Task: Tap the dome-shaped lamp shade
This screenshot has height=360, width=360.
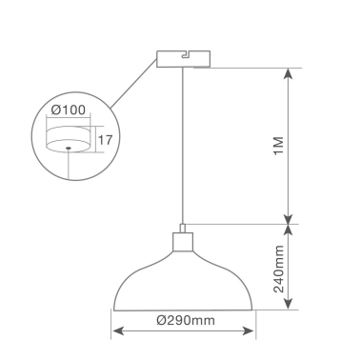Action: click(x=184, y=281)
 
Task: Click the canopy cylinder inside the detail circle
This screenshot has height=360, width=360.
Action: click(x=69, y=138)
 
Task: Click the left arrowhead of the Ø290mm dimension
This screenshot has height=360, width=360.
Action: click(x=116, y=332)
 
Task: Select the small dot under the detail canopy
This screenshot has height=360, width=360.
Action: click(x=69, y=150)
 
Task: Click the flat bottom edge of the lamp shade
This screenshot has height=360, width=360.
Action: click(x=184, y=310)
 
